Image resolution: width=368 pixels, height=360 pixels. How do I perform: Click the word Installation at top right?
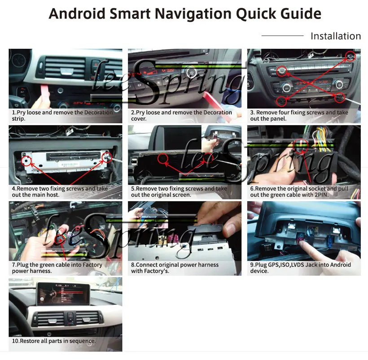pos(336,36)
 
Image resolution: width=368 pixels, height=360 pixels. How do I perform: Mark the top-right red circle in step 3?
pos(351,56)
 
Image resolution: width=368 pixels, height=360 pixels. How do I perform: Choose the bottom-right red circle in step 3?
pos(340,96)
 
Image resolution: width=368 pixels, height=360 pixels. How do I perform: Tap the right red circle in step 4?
pos(107,156)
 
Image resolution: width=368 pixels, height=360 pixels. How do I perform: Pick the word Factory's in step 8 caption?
pos(157,271)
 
